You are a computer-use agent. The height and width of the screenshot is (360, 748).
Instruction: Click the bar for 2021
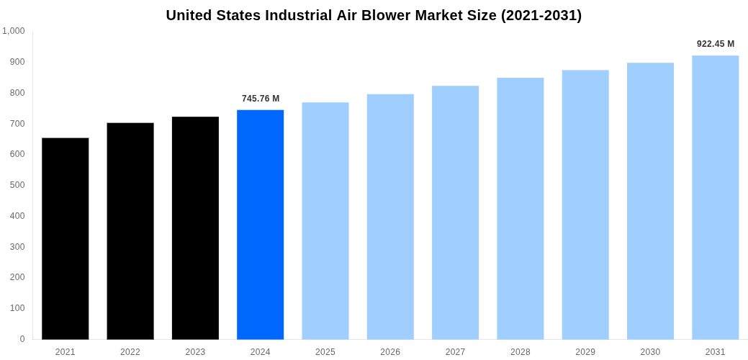[65, 238]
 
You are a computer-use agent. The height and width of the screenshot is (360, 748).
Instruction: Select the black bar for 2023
[195, 228]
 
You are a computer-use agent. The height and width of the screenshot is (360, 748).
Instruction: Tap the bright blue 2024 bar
[260, 224]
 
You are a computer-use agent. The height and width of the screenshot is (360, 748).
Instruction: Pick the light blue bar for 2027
[455, 212]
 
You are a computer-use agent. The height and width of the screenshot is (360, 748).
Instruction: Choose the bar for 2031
[715, 197]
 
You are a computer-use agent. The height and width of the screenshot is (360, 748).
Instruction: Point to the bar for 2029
[585, 204]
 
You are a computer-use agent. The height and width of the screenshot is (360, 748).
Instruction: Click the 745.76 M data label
[260, 99]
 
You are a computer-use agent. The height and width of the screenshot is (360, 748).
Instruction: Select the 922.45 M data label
[715, 44]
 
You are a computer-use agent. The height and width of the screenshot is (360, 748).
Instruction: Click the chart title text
[374, 15]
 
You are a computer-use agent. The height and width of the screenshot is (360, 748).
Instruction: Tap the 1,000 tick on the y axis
[14, 31]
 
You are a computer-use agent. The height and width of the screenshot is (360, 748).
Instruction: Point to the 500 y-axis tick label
[17, 185]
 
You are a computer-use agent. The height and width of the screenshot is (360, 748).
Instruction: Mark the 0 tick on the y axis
[22, 339]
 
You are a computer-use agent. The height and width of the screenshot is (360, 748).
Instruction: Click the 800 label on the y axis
[17, 93]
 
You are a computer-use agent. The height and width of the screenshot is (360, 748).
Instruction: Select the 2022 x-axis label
[130, 352]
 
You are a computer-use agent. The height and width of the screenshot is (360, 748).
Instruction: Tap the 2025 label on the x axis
[325, 352]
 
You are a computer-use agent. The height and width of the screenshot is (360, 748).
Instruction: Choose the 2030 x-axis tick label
[650, 352]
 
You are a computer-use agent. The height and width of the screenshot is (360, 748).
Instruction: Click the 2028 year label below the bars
[520, 352]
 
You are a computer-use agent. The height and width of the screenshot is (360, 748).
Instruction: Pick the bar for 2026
[390, 217]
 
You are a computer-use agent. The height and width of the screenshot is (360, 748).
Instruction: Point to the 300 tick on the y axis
[17, 247]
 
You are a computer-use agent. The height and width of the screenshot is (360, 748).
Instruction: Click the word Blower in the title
[384, 15]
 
